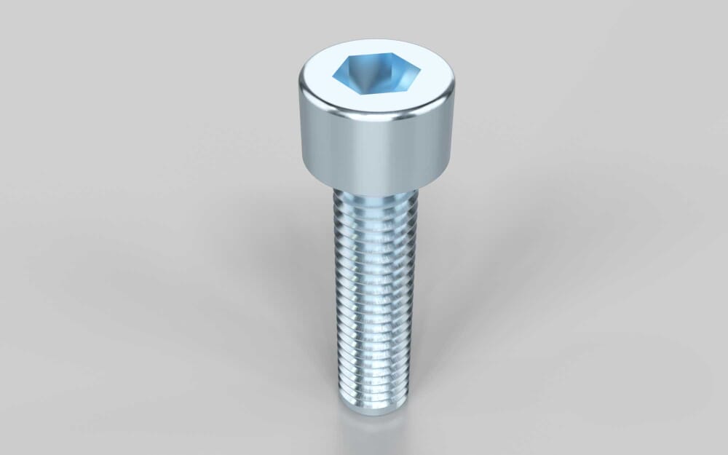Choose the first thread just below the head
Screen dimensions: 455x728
[375, 201]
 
